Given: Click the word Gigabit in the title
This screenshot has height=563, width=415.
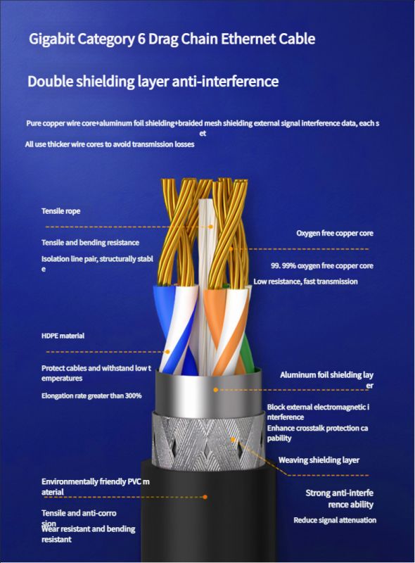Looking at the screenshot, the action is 51,39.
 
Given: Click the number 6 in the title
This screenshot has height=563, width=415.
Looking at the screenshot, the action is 141,39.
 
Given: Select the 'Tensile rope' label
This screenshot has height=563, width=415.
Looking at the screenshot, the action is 60,211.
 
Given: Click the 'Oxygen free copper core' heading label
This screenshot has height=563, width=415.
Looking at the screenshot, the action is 335,234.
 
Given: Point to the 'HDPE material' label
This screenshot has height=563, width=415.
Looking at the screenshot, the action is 63,336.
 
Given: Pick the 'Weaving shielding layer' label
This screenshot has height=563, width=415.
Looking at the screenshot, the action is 319,460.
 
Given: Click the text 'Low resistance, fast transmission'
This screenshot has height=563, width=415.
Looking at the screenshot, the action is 305,281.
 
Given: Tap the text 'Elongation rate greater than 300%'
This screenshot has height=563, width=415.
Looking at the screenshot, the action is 91,396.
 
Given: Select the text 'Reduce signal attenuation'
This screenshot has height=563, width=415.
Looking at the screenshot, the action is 335,520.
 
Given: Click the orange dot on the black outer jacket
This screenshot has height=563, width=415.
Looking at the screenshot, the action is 205,497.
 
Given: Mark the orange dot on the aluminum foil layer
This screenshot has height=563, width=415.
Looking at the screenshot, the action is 216,390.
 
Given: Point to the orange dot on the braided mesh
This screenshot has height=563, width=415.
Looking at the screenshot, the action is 233,439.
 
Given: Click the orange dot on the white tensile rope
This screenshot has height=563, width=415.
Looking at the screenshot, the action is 212,227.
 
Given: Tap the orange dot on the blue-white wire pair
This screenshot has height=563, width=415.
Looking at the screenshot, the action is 167,352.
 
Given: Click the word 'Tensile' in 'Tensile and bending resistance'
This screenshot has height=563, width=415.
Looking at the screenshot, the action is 53,243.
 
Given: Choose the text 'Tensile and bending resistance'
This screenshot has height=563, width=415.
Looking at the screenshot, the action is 90,243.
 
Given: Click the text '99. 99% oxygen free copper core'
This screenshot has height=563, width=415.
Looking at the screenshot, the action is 322,266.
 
